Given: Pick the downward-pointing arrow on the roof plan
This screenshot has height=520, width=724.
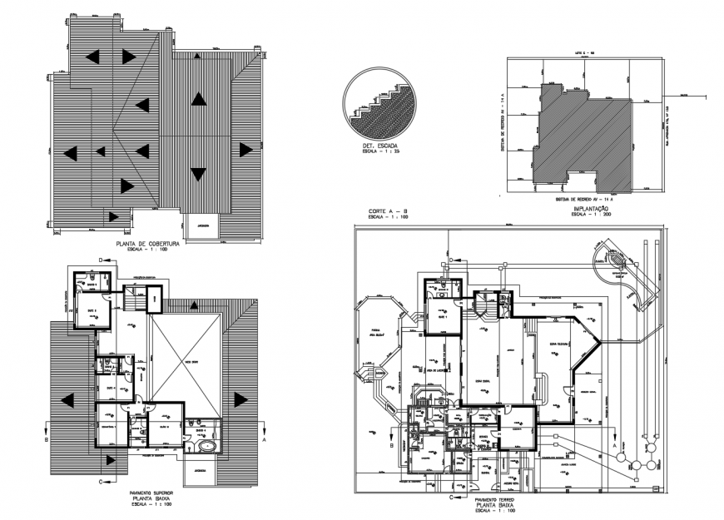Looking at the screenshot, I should tap(198, 174).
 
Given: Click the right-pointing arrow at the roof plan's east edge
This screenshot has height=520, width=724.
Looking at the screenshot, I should tap(245, 150).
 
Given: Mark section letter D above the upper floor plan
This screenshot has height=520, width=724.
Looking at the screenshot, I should tap(101, 261).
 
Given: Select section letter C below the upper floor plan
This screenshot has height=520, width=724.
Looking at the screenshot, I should tap(101, 481).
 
